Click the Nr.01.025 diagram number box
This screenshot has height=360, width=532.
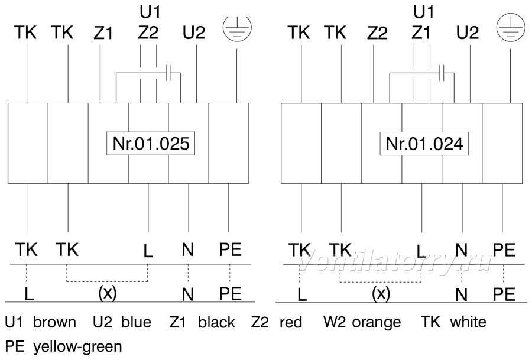click(151, 144)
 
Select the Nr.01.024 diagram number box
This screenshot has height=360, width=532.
click(424, 144)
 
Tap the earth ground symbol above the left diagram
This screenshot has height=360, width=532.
click(237, 27)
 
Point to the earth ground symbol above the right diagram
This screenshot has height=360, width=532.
click(511, 27)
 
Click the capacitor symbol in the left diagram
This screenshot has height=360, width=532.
click(168, 73)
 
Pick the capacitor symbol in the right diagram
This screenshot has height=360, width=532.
click(442, 73)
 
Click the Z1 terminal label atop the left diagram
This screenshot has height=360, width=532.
click(103, 33)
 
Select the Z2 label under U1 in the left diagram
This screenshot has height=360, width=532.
click(148, 33)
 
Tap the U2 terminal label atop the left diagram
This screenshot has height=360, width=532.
click(194, 33)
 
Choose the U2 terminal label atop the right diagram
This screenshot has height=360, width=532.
click(468, 33)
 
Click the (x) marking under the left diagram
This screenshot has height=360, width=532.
click(107, 292)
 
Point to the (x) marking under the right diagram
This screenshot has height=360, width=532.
click(381, 293)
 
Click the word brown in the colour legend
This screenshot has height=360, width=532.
click(54, 322)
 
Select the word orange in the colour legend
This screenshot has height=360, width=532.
click(377, 323)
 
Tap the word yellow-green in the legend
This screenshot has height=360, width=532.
click(77, 347)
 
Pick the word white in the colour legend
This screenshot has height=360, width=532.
click(468, 322)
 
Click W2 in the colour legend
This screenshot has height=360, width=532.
click(335, 322)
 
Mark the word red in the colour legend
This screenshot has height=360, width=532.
click(291, 322)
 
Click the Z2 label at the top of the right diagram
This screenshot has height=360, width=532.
click(377, 33)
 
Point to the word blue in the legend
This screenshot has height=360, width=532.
click(136, 322)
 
